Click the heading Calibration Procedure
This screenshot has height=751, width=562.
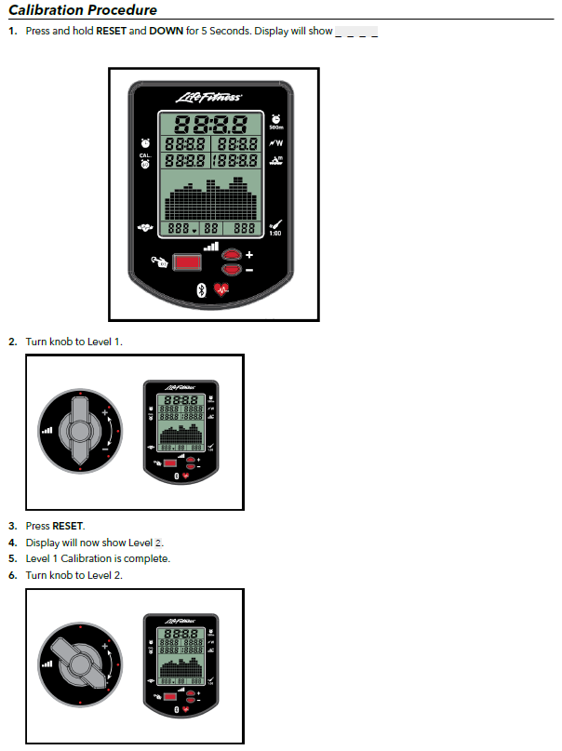83,9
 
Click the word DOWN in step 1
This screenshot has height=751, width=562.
167,31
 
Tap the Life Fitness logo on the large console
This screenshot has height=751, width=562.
209,98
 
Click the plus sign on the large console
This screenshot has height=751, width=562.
249,255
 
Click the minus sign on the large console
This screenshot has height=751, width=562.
249,270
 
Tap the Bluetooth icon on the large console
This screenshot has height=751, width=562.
202,289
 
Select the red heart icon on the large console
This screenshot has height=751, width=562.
221,289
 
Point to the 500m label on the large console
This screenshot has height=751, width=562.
275,127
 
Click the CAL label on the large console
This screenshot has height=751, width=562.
145,155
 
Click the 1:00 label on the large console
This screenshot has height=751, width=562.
275,234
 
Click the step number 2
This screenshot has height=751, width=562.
12,342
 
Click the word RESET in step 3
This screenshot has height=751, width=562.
68,526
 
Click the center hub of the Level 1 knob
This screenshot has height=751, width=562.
80,431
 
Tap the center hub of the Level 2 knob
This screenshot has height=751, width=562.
80,664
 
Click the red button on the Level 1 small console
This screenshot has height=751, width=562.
170,463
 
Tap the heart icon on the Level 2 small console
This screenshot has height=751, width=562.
186,709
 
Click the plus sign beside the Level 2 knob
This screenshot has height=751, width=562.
105,646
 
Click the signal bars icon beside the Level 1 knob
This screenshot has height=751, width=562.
47,431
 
